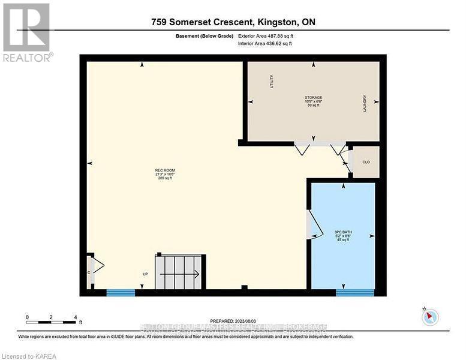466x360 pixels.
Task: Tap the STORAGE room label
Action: click(x=313, y=97)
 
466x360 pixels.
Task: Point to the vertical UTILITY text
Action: click(x=272, y=82)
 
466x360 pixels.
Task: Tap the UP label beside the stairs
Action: click(x=145, y=274)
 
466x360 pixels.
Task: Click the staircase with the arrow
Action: click(x=179, y=272)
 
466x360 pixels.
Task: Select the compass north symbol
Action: click(x=430, y=316)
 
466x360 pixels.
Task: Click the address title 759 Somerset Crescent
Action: click(x=233, y=22)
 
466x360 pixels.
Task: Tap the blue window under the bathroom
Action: click(x=354, y=293)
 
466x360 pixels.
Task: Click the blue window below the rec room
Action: click(x=121, y=293)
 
